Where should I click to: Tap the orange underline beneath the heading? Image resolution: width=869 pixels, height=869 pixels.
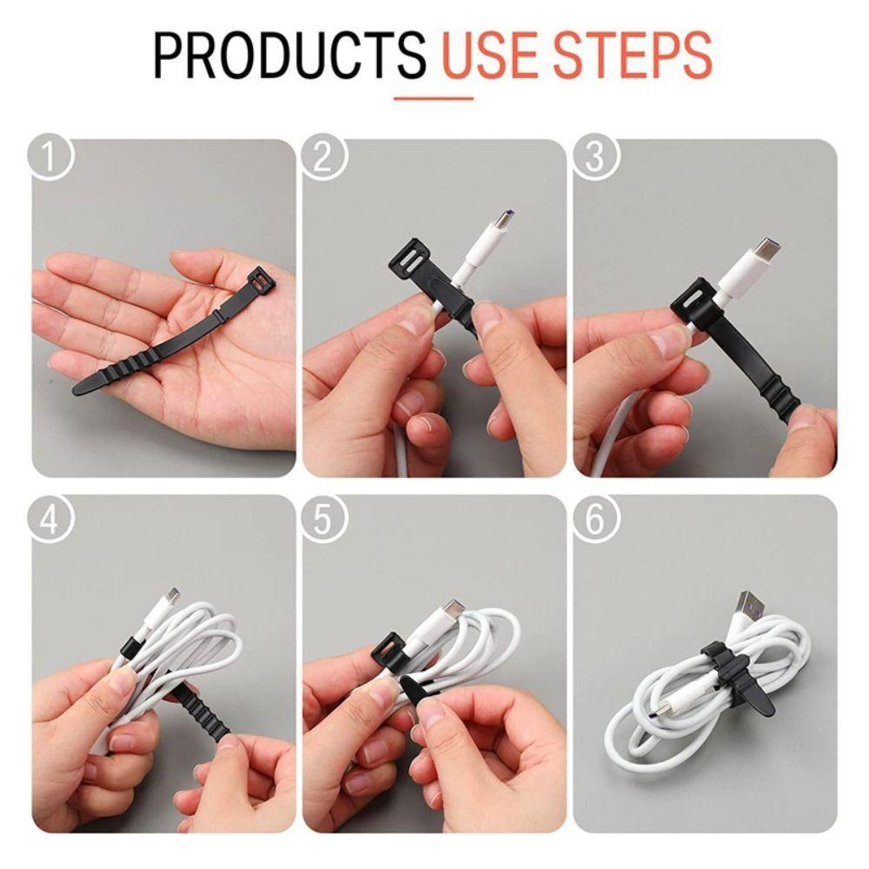pos(434,99)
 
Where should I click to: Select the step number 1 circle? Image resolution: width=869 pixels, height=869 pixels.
pos(50,156)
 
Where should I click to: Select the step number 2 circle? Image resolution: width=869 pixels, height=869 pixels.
pos(324,156)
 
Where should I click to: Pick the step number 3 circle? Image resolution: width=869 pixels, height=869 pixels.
pos(595,156)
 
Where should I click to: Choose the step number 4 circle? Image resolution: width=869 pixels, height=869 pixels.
pos(50,520)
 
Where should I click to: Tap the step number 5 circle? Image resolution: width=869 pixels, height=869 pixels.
pos(324,520)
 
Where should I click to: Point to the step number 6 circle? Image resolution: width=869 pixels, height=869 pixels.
pos(595,520)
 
